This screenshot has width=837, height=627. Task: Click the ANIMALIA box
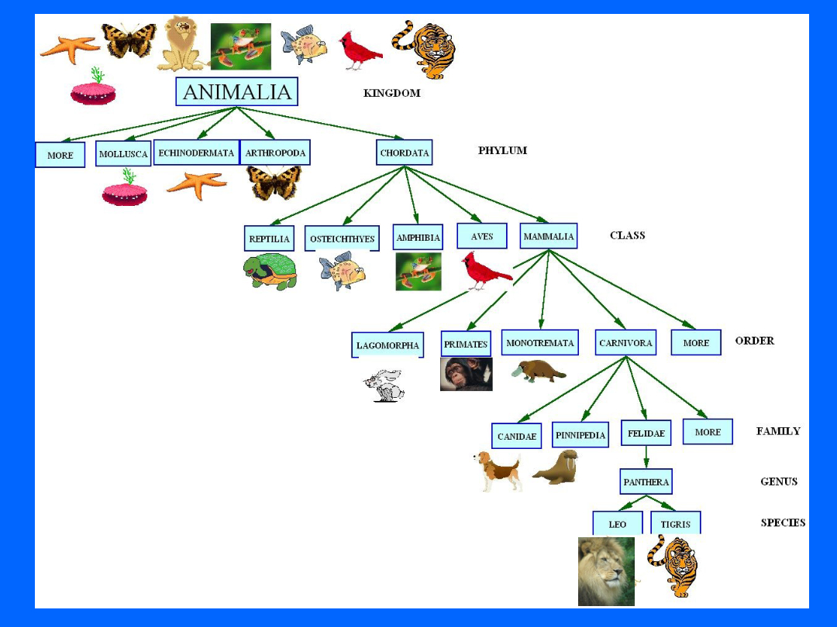(236, 91)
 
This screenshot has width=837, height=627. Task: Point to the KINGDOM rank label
(392, 93)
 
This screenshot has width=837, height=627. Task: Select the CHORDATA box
(404, 152)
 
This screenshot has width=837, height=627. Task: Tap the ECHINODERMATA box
(196, 152)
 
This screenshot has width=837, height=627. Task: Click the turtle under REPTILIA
(270, 272)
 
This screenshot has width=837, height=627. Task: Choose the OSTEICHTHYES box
(343, 238)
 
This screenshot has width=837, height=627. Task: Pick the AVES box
(481, 236)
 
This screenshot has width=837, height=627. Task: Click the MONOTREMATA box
(539, 342)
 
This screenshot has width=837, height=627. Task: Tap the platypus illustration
(539, 371)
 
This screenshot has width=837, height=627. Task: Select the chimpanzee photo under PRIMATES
(466, 375)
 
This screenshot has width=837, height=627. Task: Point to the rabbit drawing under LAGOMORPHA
(384, 385)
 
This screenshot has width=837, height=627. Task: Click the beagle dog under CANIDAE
(498, 471)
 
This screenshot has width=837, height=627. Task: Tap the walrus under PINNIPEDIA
(556, 467)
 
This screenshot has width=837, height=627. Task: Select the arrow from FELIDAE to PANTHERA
(646, 457)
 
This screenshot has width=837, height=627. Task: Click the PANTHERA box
(646, 481)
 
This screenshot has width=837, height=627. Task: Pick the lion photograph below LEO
(606, 571)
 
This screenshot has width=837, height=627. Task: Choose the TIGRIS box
(675, 523)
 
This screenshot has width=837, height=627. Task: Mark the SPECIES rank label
(783, 522)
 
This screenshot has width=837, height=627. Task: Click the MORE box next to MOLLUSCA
(60, 155)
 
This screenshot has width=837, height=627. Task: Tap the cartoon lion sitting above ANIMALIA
(181, 43)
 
